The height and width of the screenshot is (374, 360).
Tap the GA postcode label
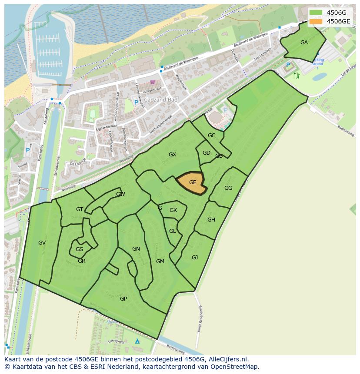[x=304, y=43]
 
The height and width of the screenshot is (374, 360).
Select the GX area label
[x=172, y=155]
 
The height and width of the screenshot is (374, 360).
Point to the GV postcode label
[x=42, y=243]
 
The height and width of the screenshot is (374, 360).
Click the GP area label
[x=123, y=298]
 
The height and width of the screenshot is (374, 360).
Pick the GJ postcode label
[x=195, y=258]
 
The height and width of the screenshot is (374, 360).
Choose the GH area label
[x=211, y=220]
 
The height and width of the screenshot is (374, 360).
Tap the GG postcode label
[x=228, y=188]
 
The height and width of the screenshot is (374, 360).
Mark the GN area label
[x=136, y=249]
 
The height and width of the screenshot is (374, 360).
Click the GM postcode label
[x=160, y=261]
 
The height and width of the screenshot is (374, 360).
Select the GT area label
[x=80, y=209]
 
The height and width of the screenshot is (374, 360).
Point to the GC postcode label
[x=211, y=136]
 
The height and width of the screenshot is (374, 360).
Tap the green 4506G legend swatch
[x=316, y=13]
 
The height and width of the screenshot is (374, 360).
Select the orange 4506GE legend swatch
[x=316, y=21]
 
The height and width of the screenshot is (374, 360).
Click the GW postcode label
[x=120, y=194]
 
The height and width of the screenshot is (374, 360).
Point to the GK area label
[x=173, y=210]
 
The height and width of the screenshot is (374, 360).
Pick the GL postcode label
[x=173, y=231]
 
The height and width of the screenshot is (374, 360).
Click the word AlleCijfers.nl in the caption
[x=227, y=359]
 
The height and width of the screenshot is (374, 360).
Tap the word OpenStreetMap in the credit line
[x=237, y=367]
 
